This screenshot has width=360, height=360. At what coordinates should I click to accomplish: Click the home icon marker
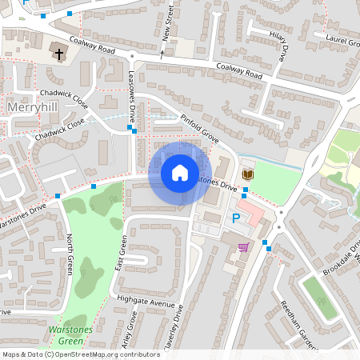[x=180, y=172]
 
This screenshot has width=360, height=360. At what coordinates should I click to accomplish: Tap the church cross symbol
[x=58, y=53]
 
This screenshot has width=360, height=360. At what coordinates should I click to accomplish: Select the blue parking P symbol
[x=236, y=218]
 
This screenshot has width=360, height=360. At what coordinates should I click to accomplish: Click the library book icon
[x=248, y=174]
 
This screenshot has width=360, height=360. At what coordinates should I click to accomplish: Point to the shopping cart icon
[x=243, y=247]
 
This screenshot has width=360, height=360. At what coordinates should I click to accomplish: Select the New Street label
[x=169, y=24]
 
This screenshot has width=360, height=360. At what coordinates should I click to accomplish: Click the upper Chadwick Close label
[x=69, y=101]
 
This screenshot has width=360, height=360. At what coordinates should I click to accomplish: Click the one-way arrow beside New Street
[x=162, y=54]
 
